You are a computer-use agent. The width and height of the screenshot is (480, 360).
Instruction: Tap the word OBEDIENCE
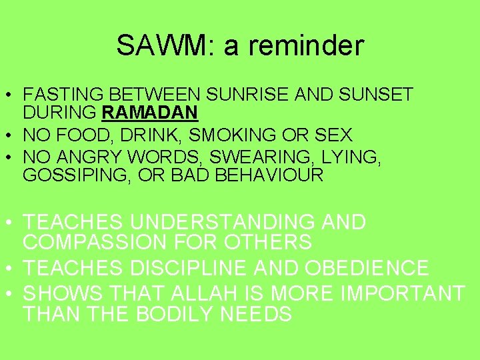pyautogui.click(x=366, y=268)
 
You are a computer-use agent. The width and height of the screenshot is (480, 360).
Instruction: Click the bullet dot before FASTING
pyautogui.click(x=12, y=95)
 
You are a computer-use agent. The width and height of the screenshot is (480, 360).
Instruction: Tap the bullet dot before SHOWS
pyautogui.click(x=12, y=294)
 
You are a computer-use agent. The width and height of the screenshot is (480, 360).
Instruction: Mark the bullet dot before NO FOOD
pyautogui.click(x=12, y=136)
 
